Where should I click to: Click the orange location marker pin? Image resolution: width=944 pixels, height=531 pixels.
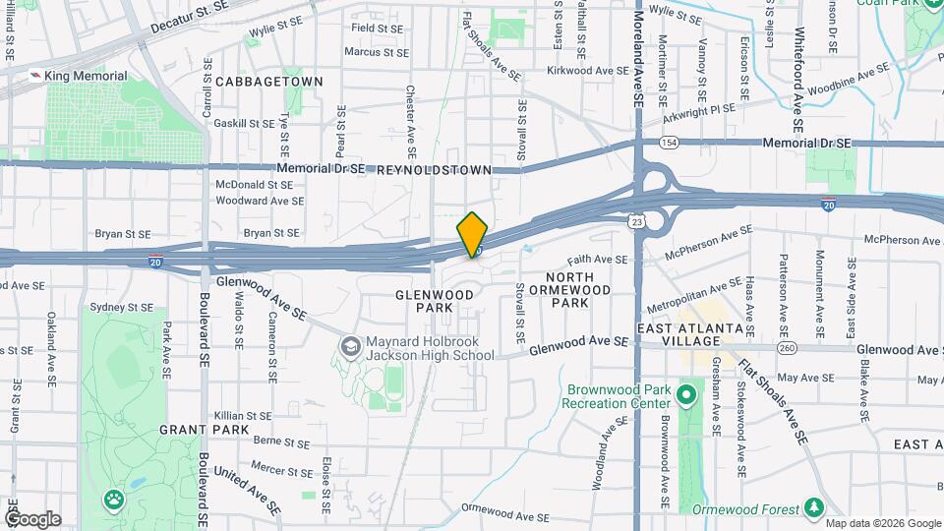pos(473,235)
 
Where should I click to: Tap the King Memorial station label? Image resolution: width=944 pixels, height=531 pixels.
pos(86,76)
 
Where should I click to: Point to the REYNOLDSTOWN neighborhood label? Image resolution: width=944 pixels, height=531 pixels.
pos(434,170)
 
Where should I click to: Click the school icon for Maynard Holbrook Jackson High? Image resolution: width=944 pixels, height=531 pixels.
pos(349,346)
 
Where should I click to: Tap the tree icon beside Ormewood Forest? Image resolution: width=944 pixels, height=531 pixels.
pos(813,507)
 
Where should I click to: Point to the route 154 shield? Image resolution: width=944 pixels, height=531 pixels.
pos(669,143)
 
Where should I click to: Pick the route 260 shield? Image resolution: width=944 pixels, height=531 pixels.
pos(786,348)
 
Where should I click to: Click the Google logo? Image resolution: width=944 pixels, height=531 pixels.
pos(32,518)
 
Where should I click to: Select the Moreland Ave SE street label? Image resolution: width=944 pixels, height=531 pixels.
pos(638,59)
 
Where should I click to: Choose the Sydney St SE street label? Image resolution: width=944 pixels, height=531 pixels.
pos(121,307)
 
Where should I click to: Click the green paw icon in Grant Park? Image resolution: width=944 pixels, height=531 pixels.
pos(115,500)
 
